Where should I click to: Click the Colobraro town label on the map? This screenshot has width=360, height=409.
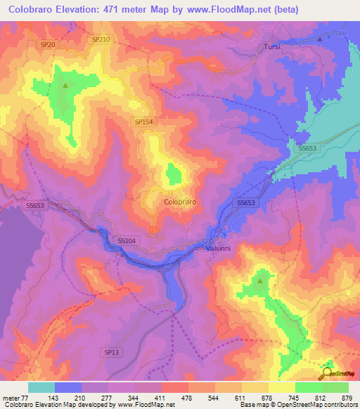[x=179, y=201]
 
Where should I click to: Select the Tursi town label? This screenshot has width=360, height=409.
[x=272, y=46]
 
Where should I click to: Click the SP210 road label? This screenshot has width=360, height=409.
[x=101, y=40]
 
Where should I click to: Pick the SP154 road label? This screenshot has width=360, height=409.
[x=143, y=122]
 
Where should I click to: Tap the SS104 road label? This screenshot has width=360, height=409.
[x=127, y=240]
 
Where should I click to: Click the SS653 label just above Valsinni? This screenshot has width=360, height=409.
[x=245, y=202]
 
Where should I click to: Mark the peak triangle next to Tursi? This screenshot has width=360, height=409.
[x=320, y=39]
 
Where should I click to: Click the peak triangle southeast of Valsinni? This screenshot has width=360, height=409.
[x=260, y=281]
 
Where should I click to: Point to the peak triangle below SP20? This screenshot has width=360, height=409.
[x=65, y=86]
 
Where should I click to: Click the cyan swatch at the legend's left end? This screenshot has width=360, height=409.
[x=41, y=387]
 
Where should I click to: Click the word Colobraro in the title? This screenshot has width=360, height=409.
[x=40, y=10]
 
